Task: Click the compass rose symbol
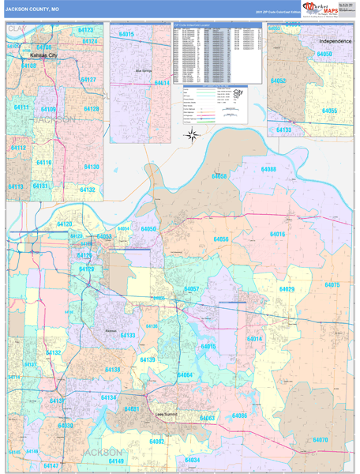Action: (191, 134)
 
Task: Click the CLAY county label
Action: (17, 28)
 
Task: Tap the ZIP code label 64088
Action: (268, 170)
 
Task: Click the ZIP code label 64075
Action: (332, 284)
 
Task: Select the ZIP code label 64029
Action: (285, 289)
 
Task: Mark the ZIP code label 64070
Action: (320, 439)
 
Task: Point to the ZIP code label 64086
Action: (239, 416)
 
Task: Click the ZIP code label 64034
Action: (192, 460)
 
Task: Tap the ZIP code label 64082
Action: (157, 442)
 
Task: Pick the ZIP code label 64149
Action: (116, 461)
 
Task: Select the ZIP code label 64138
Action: (113, 370)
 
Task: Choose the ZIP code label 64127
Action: (88, 80)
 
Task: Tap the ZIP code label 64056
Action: (220, 239)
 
